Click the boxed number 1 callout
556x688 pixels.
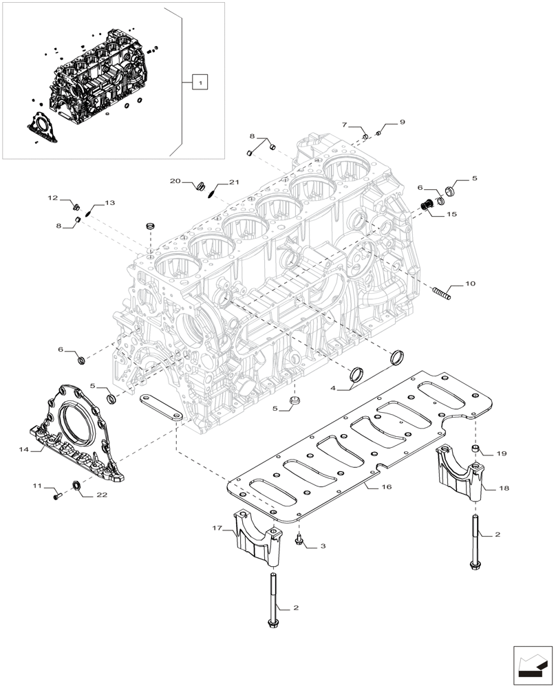pos(199,83)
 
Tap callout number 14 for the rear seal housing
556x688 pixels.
pos(24,449)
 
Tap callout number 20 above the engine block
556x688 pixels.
pos(175,181)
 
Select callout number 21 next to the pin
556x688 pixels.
pos(234,182)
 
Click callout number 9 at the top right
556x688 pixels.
pos(402,122)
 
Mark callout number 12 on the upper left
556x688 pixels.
pos(53,198)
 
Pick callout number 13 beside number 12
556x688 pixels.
pos(110,204)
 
